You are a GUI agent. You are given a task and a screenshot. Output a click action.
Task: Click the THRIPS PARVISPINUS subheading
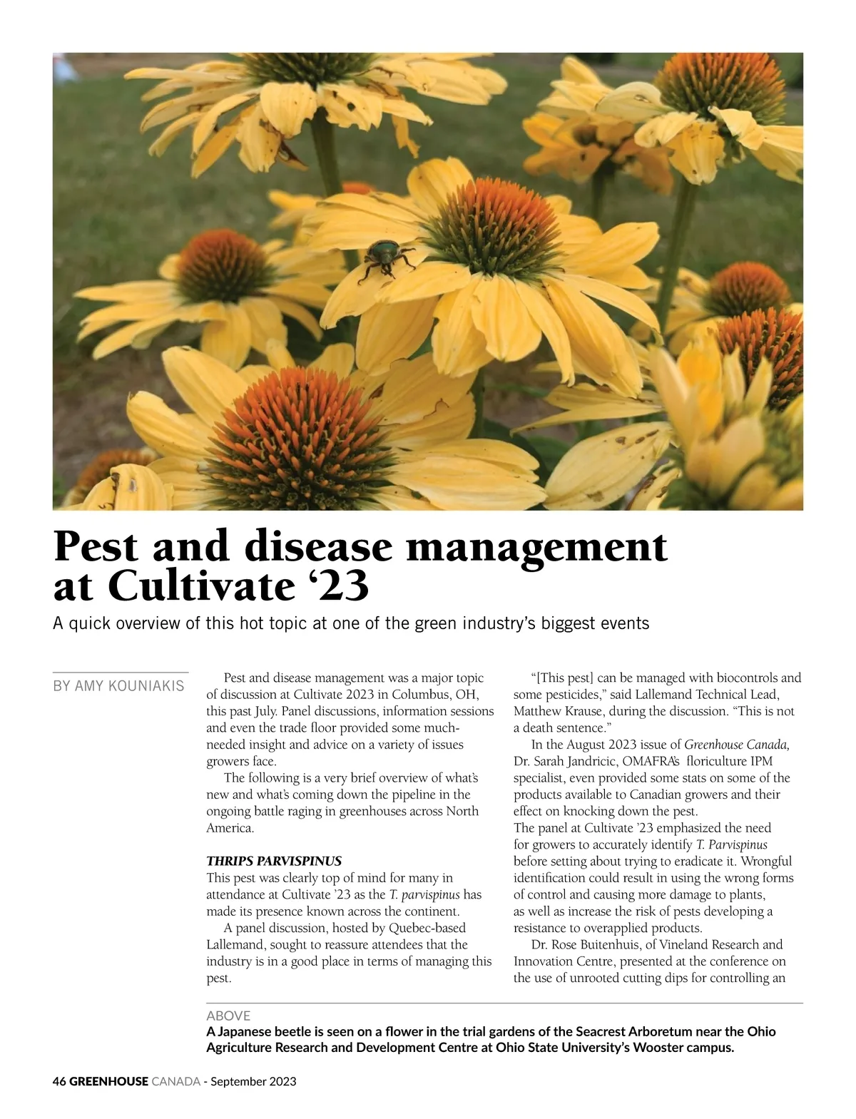tap(274, 861)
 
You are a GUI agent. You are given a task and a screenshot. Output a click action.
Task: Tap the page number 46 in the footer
tap(59, 1081)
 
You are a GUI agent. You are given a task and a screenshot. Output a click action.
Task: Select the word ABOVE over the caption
tap(228, 1016)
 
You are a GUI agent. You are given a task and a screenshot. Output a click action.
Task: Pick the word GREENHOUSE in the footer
tap(109, 1081)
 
